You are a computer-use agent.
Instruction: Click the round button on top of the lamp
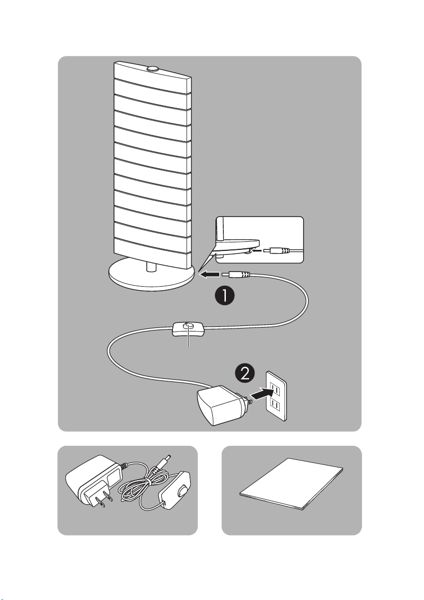tap(152, 69)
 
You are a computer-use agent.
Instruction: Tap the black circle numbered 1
tap(224, 296)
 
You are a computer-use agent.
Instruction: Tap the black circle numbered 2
tap(245, 373)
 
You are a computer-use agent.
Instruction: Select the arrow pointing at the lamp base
tap(210, 274)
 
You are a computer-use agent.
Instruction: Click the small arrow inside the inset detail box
tap(258, 251)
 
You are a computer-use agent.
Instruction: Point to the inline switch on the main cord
tap(188, 329)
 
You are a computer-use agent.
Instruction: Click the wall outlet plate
tap(277, 396)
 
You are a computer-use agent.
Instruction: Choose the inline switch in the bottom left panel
tap(175, 491)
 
